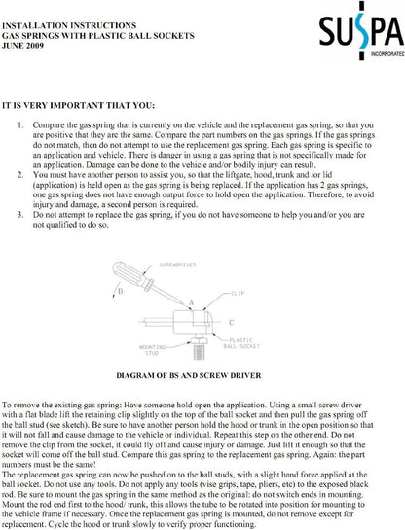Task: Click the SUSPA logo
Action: pos(362,30)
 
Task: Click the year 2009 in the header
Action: pos(33,46)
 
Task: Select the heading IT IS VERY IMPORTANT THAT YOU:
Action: pos(78,105)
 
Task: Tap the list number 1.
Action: pos(20,125)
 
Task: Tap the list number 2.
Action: pos(20,175)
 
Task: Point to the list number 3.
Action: pos(20,215)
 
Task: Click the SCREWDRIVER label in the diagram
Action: pos(177,265)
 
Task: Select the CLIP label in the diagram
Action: pos(238,293)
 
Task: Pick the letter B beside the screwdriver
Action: pos(120,291)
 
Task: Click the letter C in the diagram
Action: pos(232,323)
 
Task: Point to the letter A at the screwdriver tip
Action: pos(192,302)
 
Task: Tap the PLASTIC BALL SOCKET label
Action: pos(241,343)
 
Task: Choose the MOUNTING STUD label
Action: pos(153,350)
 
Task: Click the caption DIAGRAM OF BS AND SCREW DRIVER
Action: pos(189,375)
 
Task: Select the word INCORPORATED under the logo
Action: pos(387,53)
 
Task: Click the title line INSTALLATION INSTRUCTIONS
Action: pos(69,25)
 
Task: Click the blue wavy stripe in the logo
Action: pos(362,30)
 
